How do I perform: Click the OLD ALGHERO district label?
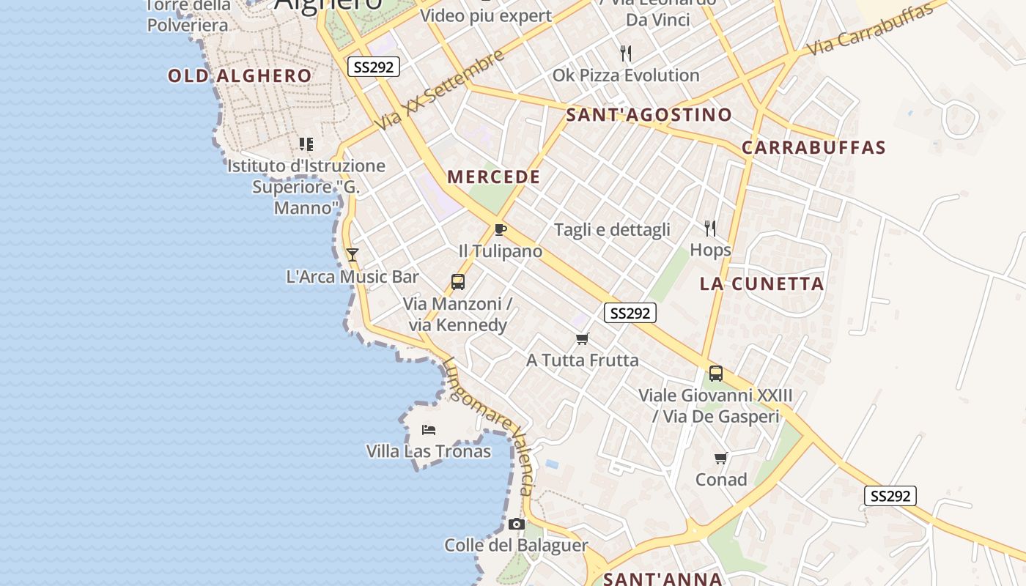[x=240, y=75]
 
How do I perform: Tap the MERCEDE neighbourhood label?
[x=493, y=177]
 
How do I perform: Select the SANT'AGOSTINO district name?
[x=649, y=114]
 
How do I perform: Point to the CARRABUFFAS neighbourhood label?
[x=813, y=147]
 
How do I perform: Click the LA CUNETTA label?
[x=761, y=283]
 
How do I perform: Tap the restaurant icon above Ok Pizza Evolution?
[x=626, y=53]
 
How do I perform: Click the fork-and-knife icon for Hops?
[x=709, y=229]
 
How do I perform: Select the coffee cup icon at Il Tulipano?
[x=500, y=230]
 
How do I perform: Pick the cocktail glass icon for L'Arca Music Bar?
[x=353, y=255]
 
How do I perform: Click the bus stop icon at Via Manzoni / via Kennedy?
[x=458, y=282]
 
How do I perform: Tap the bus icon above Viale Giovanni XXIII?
[x=716, y=374]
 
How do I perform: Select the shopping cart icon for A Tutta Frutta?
[x=583, y=338]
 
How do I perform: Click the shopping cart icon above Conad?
[x=721, y=459]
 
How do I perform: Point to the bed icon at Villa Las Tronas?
[x=429, y=429]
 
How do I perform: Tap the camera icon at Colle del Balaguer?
[x=517, y=524]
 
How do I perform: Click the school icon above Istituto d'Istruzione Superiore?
[x=306, y=144]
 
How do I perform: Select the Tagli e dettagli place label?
[x=612, y=230]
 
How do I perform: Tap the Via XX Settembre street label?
[x=440, y=90]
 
